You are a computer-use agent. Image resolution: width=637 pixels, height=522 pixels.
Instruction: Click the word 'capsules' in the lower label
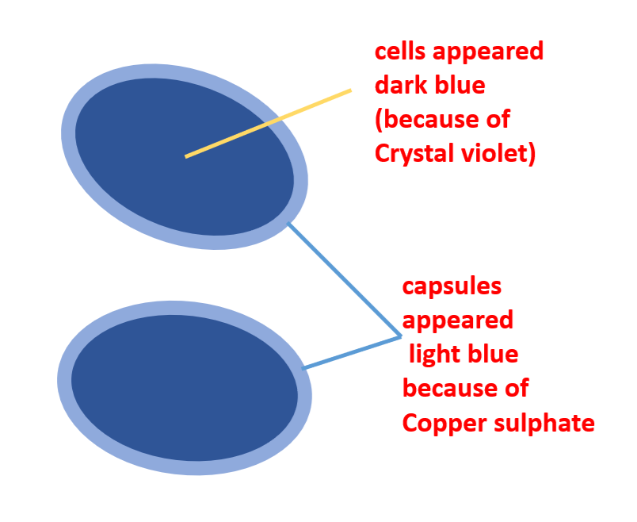452,286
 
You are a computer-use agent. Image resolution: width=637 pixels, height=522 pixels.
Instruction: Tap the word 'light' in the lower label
435,353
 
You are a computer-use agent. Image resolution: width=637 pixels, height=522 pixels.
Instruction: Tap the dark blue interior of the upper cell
158,175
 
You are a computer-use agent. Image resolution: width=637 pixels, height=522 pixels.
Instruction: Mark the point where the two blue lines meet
401,337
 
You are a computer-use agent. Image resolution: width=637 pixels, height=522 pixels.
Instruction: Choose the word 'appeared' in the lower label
457,320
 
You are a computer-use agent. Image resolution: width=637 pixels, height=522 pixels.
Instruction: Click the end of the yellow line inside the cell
186,156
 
